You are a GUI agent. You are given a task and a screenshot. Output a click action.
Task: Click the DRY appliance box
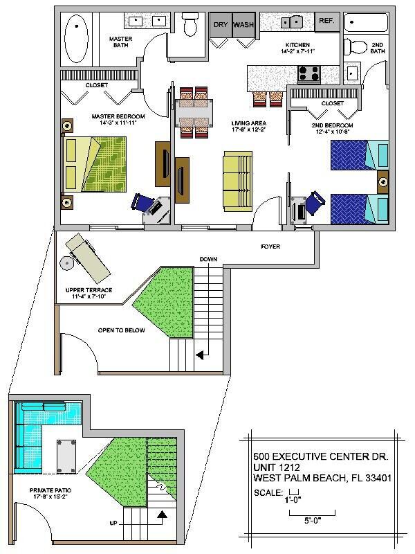click(x=221, y=24)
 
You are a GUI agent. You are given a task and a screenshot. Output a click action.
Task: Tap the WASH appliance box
click(x=243, y=24)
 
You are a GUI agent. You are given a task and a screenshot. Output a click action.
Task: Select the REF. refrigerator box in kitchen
click(x=326, y=21)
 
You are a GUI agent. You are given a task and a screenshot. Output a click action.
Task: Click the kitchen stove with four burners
click(x=308, y=72)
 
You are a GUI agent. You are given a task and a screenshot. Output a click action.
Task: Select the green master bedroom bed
click(x=96, y=164)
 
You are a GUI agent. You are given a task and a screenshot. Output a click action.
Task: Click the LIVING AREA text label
click(x=246, y=124)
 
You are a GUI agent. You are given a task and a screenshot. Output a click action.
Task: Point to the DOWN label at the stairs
click(x=208, y=259)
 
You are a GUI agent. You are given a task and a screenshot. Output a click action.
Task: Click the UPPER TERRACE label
click(x=89, y=290)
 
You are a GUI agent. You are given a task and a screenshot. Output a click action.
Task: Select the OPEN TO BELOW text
click(x=121, y=330)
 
